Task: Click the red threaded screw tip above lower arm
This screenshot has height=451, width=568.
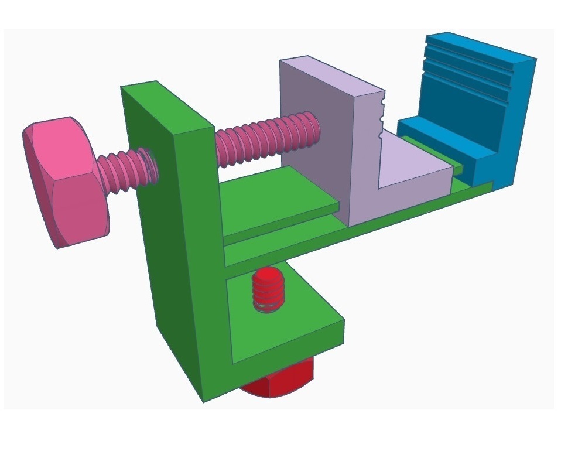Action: (x=268, y=290)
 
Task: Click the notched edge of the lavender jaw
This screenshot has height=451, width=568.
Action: (x=382, y=117)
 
